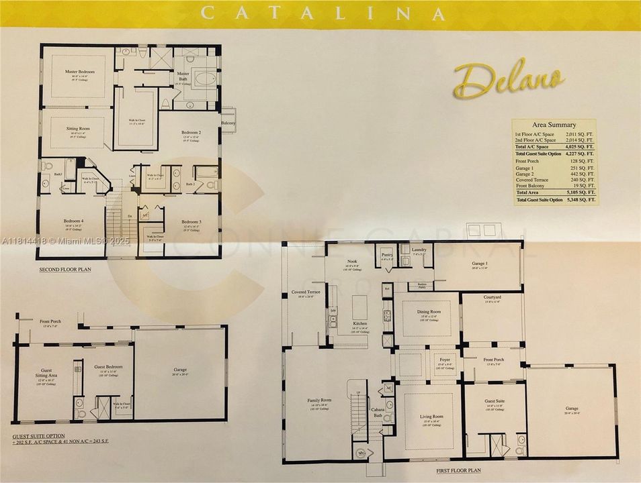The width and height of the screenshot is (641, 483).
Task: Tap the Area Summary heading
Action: [554, 125]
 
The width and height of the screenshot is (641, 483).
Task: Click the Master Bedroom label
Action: [80, 71]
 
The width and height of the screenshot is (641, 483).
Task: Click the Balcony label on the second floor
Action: [228, 123]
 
